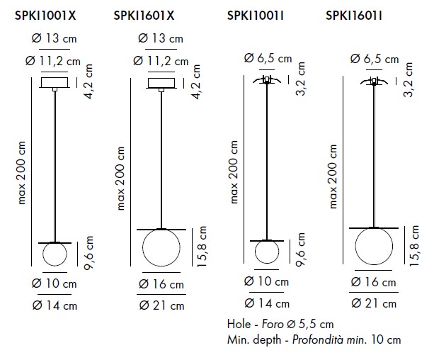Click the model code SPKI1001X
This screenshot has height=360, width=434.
click(45, 16)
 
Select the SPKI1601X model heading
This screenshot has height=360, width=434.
click(144, 16)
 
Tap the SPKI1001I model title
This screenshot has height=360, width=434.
click(255, 16)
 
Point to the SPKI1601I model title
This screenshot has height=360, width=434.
click(354, 16)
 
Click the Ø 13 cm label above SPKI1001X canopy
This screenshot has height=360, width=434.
click(54, 38)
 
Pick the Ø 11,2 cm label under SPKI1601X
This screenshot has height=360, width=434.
click(161, 61)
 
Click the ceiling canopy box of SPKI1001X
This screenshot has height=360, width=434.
click(55, 82)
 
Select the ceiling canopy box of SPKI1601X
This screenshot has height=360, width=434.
click(161, 83)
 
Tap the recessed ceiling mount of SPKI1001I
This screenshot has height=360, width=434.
click(267, 80)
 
